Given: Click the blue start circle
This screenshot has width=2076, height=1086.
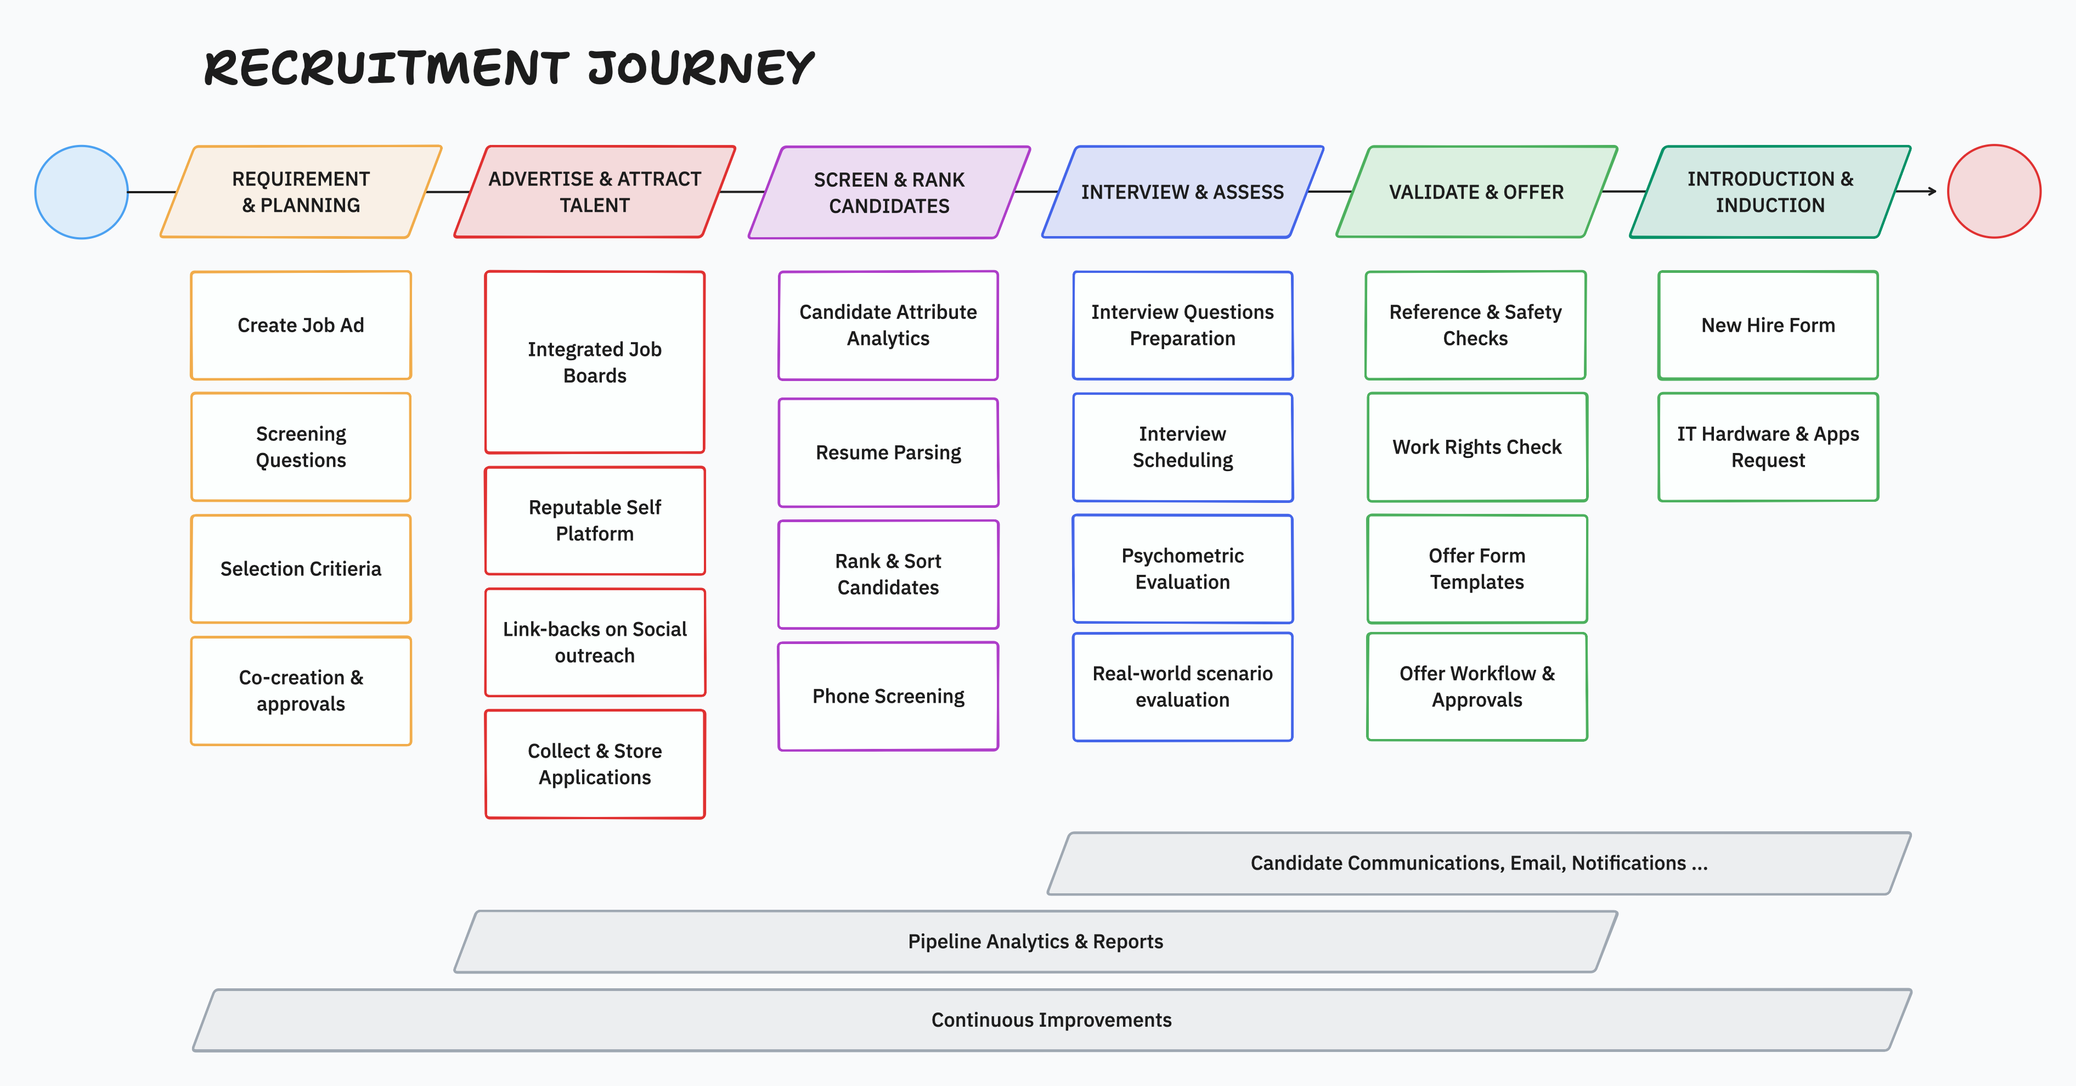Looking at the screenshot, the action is pyautogui.click(x=81, y=192).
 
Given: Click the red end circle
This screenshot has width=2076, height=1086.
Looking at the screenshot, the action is pyautogui.click(x=1994, y=191).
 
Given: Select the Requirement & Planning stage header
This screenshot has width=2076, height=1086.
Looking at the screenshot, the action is pyautogui.click(x=301, y=192).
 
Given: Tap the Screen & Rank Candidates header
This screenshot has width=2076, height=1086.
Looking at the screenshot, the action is pyautogui.click(x=889, y=192).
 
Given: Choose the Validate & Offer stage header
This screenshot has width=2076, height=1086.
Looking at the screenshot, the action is pyautogui.click(x=1476, y=192).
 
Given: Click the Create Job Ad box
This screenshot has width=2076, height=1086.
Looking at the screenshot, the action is pyautogui.click(x=301, y=325).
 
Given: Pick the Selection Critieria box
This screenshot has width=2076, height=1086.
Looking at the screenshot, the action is pyautogui.click(x=301, y=568).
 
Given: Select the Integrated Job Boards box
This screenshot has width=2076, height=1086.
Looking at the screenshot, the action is pyautogui.click(x=595, y=362).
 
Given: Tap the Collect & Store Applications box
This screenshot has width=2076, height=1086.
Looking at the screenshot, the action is pyautogui.click(x=595, y=764).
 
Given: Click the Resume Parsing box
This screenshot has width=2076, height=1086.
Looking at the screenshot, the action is pyautogui.click(x=888, y=452).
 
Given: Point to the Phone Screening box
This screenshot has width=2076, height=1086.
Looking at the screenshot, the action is pyautogui.click(x=888, y=696).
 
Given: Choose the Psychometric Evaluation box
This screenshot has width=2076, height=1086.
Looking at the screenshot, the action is pyautogui.click(x=1182, y=568).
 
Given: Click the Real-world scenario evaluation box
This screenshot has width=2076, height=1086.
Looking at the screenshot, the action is pyautogui.click(x=1182, y=686).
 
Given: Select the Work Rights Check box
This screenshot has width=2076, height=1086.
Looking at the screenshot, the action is pyautogui.click(x=1477, y=447).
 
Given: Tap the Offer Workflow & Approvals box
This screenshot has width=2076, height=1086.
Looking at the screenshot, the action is pyautogui.click(x=1477, y=686).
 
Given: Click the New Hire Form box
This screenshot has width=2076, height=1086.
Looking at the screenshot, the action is pyautogui.click(x=1768, y=325).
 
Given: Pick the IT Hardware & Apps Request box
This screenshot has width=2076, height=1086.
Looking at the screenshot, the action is pyautogui.click(x=1768, y=447).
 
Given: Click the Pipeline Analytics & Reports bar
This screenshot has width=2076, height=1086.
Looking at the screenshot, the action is pyautogui.click(x=1036, y=942).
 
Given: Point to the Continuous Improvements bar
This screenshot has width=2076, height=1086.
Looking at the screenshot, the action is pyautogui.click(x=1052, y=1020).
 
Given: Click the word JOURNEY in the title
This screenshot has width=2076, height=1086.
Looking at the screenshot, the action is pyautogui.click(x=701, y=68).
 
